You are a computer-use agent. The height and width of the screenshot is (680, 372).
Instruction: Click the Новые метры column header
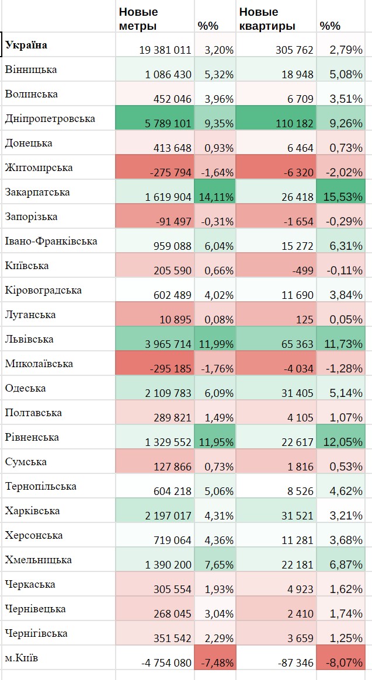coord(138,19)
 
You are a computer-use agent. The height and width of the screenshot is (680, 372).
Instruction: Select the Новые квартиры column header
coord(266,19)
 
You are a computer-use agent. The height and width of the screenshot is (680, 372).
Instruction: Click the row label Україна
coord(27,45)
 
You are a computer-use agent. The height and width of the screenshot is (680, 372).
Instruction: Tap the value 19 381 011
coord(157,50)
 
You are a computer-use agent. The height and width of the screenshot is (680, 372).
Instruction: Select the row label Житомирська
coord(39,168)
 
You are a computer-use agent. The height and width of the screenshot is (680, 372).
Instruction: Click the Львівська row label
coord(29,339)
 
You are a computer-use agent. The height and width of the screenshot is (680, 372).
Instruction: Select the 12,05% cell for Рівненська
coord(341,442)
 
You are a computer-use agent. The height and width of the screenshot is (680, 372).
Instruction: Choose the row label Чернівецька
coord(35,609)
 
